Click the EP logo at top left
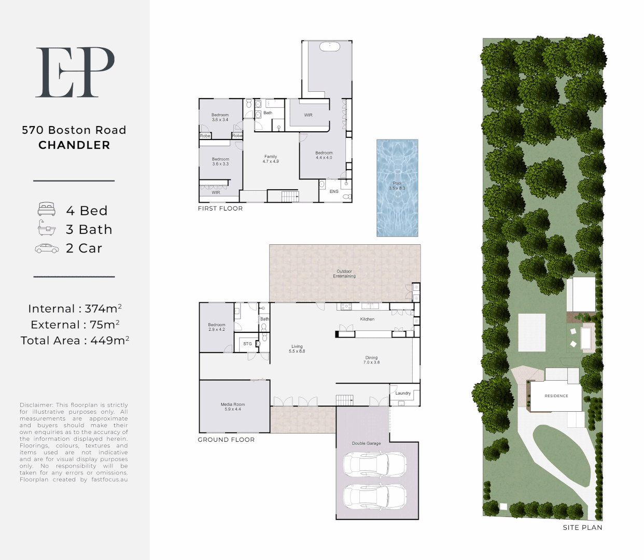point(75,72)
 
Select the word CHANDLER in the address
point(74,145)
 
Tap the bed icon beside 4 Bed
point(47,209)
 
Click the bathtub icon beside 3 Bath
point(47,228)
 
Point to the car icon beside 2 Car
point(47,248)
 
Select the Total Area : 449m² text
point(75,340)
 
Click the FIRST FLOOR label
point(220,208)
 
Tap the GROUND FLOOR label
point(226,440)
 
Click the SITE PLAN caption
point(582,527)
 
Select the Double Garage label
point(366,443)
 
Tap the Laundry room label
point(403,393)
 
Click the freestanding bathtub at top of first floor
point(330,47)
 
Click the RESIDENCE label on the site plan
point(556,396)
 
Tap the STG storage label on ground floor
point(247,344)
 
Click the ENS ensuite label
point(334,191)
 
